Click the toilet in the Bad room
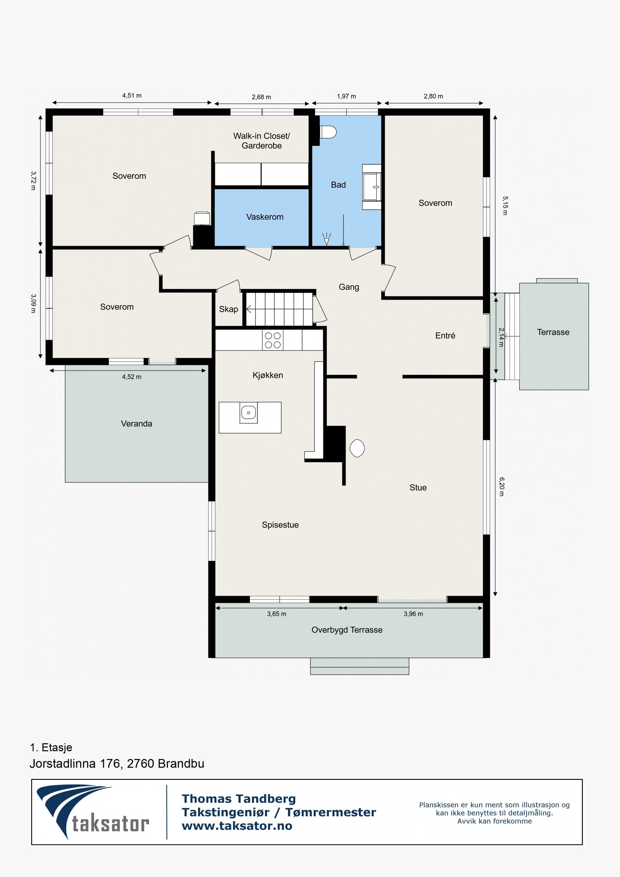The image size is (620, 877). (x=328, y=132)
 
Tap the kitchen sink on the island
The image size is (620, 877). (x=248, y=412)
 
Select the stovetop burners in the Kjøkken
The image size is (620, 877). (x=273, y=340)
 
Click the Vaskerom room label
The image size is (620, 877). (x=265, y=217)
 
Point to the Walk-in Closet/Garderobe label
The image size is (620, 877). (x=262, y=141)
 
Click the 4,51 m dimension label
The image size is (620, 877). (x=132, y=95)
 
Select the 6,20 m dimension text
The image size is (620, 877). (x=501, y=487)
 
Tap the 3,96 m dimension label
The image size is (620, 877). (x=413, y=614)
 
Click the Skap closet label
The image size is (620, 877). (x=229, y=309)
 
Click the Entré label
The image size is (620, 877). (x=445, y=336)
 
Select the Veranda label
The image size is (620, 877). (x=136, y=424)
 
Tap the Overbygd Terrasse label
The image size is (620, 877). (x=347, y=630)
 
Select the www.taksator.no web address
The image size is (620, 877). (x=237, y=826)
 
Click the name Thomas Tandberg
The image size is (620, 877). (x=239, y=799)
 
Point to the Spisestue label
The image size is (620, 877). (x=280, y=525)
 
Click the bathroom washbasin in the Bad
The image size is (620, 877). (x=372, y=187)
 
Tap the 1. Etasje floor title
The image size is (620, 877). (x=51, y=747)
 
